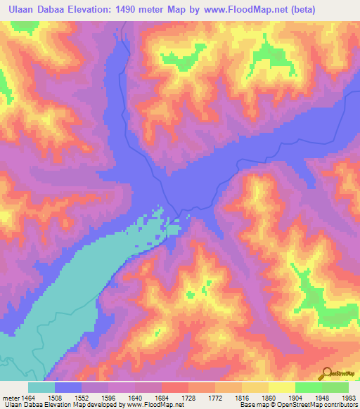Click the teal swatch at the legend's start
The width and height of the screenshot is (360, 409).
(x=41, y=387)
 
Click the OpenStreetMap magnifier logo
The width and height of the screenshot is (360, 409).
(x=327, y=373)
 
